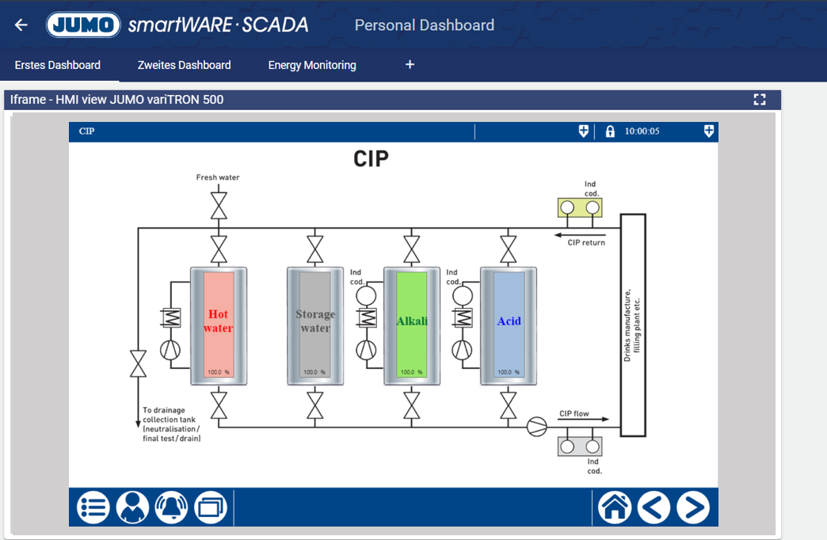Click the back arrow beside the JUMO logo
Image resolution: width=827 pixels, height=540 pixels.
pos(21,25)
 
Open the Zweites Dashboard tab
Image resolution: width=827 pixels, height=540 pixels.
pos(184,65)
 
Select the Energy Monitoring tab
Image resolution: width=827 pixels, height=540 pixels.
pos(312,65)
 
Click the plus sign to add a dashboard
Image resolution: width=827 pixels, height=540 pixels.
pos(410,64)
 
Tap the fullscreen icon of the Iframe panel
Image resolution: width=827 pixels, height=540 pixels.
pos(760,99)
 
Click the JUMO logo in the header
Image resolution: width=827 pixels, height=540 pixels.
pos(83,25)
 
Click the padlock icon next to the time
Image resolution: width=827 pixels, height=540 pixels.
pos(610,131)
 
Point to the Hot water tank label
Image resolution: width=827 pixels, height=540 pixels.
pos(218,321)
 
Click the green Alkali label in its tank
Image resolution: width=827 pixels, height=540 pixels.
pos(412,321)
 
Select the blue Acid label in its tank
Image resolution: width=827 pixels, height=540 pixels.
pos(509,321)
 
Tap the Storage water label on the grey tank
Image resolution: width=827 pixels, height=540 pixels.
pos(315,321)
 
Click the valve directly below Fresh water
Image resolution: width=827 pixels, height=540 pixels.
pos(219,208)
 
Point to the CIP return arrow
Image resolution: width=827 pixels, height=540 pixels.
pos(579,235)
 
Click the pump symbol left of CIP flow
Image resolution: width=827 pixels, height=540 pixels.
pos(537,428)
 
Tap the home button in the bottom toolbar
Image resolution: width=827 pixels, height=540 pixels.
pos(615,508)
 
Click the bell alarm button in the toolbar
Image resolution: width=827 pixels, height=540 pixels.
pos(171,508)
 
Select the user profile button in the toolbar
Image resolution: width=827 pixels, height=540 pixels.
pos(132,508)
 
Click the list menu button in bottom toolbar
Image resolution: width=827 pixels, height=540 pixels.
pos(93,508)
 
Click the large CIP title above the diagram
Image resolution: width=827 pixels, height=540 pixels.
pos(371,159)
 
